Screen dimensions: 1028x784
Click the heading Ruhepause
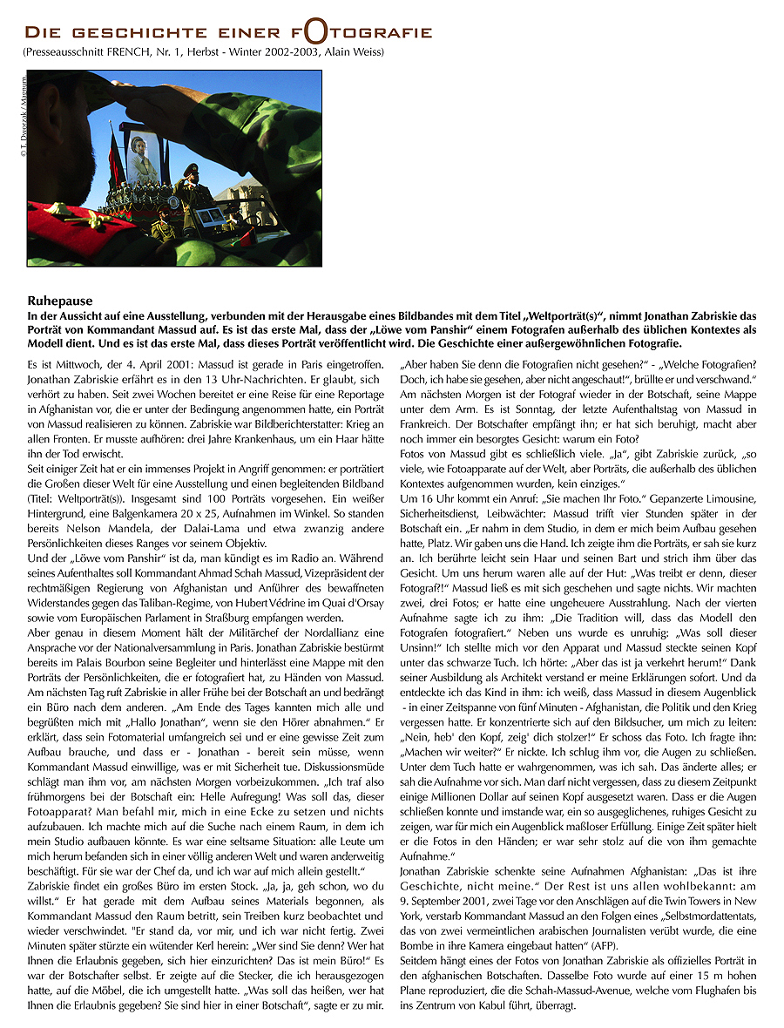coord(59,301)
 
